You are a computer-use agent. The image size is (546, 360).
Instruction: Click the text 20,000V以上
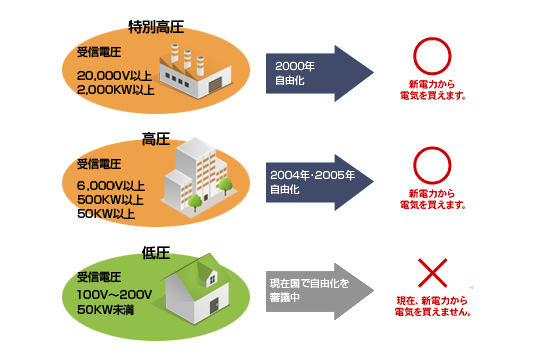click(113, 76)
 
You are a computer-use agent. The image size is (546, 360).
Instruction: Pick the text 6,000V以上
click(111, 186)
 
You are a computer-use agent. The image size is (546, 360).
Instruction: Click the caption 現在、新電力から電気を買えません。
click(434, 306)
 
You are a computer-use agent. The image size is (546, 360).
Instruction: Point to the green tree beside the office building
click(226, 186)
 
